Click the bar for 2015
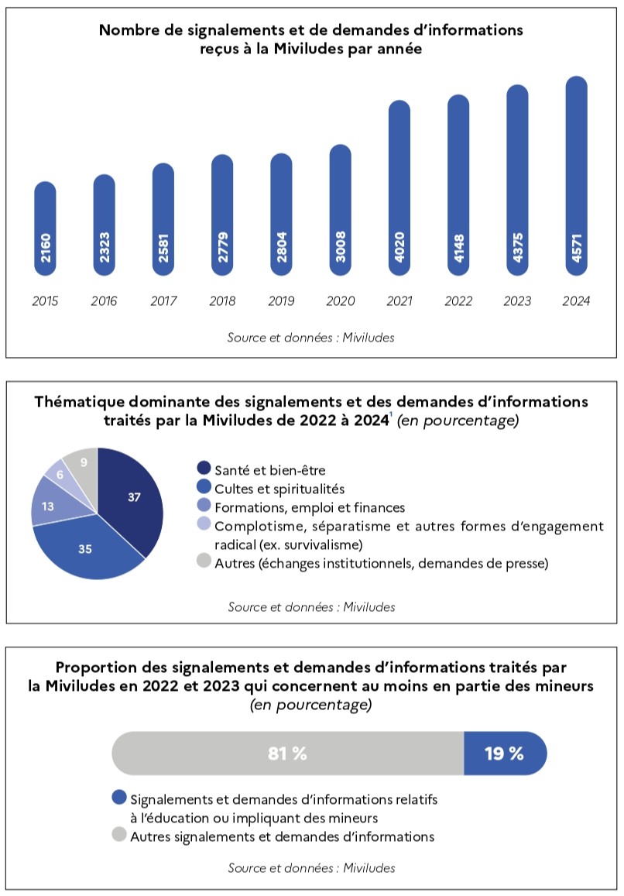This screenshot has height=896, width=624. click(x=45, y=228)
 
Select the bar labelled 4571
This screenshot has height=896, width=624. click(x=577, y=176)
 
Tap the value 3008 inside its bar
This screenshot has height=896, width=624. click(x=341, y=246)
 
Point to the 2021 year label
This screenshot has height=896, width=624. click(x=399, y=301)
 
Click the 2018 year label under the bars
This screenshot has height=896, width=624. click(x=222, y=301)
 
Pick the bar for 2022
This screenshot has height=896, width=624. click(x=458, y=185)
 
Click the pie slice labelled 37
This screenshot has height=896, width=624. click(x=132, y=497)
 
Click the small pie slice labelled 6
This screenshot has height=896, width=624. click(x=63, y=474)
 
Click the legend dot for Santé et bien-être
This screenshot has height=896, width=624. click(x=204, y=469)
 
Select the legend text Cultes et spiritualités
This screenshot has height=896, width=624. click(x=279, y=489)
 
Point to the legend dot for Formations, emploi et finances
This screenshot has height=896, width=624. click(x=204, y=505)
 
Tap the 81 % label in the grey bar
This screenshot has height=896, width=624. click(x=287, y=754)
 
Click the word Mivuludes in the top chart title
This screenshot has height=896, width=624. click(x=309, y=49)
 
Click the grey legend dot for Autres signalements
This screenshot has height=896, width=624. click(x=119, y=835)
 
